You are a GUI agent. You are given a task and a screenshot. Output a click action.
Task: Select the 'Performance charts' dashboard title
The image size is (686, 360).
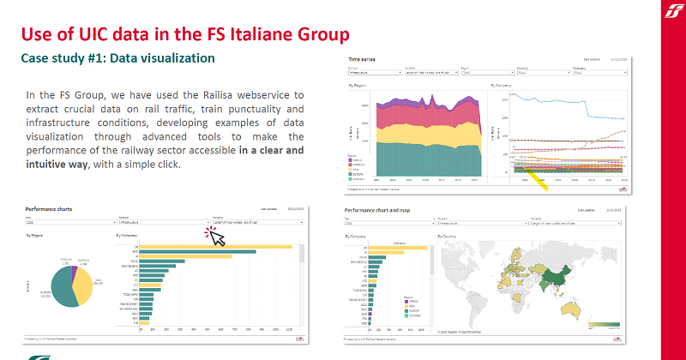pyautogui.click(x=53, y=209)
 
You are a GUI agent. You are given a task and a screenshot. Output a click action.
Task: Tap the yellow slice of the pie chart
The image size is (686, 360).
pyautogui.click(x=87, y=283)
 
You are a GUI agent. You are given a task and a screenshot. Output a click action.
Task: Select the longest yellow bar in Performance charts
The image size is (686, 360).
pyautogui.click(x=214, y=247)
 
